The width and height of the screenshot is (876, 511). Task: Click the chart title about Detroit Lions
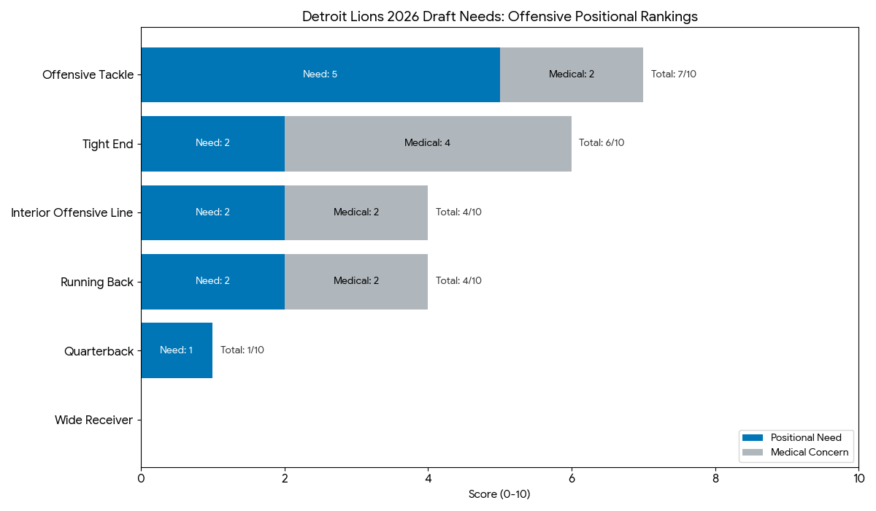point(499,17)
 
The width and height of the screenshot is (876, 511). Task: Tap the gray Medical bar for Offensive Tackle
point(572,74)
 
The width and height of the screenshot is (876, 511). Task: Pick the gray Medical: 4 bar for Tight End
point(428,143)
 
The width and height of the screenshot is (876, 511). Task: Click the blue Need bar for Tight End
point(212,143)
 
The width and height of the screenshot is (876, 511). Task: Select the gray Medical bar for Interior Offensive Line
point(356,212)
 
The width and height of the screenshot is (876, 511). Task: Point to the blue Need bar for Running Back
point(212,281)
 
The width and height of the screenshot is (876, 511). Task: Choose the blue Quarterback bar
point(177,350)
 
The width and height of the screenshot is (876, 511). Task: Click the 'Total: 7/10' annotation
point(673,74)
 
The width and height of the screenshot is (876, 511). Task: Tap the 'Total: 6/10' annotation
point(602,143)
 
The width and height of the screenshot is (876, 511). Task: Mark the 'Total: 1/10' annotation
point(242,350)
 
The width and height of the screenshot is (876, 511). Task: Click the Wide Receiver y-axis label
point(93,420)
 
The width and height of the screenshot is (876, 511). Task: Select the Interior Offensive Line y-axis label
point(72,212)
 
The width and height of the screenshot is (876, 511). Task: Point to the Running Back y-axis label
point(97,282)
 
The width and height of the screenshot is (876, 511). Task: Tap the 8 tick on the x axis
point(715,478)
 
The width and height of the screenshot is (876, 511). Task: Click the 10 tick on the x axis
point(858,478)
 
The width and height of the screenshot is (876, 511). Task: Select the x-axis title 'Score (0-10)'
point(499,495)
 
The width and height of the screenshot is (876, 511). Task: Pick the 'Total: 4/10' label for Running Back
point(458,281)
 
